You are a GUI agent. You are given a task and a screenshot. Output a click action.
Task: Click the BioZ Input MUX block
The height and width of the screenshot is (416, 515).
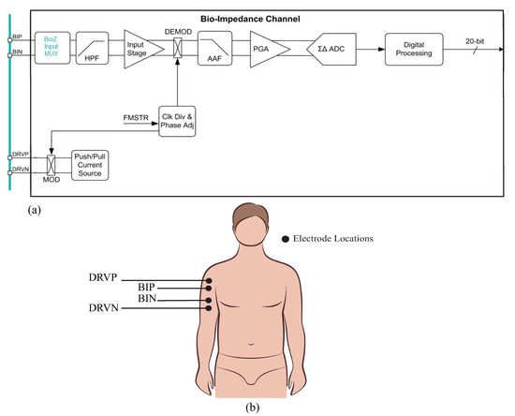[x=50, y=47]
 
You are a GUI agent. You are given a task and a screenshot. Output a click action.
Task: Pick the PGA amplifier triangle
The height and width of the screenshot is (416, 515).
[x=265, y=47]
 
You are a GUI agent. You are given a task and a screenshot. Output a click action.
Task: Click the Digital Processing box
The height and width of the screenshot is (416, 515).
[x=413, y=47]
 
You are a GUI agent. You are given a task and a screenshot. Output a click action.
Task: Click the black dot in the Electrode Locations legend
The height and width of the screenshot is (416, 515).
[x=286, y=239]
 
